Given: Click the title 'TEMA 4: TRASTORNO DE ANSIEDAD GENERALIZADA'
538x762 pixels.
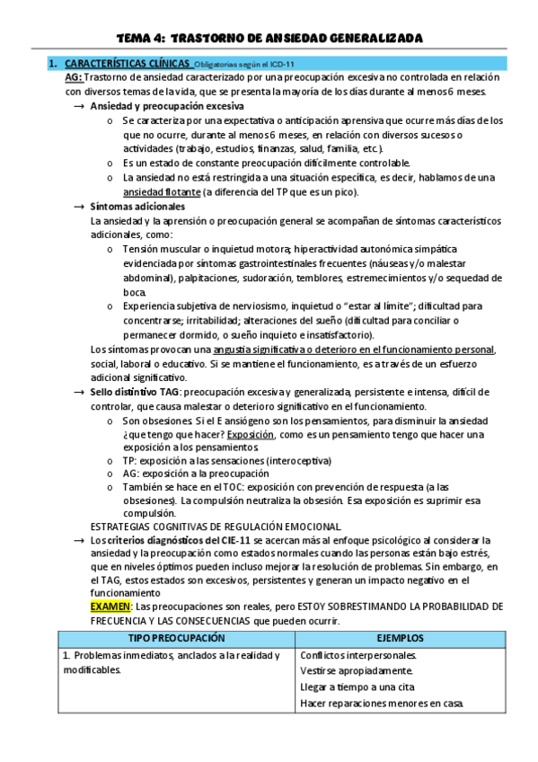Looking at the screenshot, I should (269, 39).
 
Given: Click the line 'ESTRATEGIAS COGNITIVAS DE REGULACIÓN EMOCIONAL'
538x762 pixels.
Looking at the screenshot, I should (216, 526).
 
